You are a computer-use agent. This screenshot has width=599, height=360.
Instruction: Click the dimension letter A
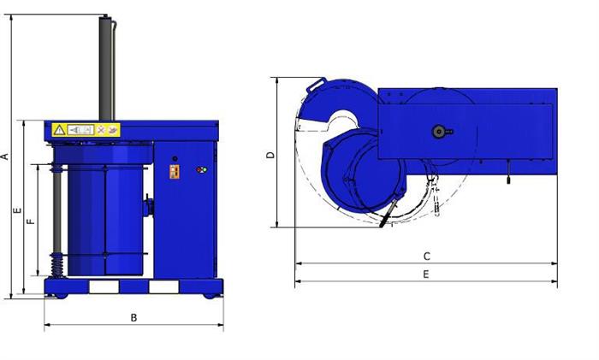(x=5, y=156)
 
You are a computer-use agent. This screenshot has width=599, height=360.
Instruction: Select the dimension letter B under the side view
(x=133, y=317)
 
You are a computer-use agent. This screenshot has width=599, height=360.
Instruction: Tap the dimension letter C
(x=427, y=257)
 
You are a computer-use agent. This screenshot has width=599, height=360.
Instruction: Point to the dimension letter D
(x=270, y=155)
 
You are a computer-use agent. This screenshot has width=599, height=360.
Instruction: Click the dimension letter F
(x=32, y=221)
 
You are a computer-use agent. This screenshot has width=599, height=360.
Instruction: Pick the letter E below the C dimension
(x=426, y=274)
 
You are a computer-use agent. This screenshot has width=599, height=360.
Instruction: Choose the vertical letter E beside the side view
(x=18, y=210)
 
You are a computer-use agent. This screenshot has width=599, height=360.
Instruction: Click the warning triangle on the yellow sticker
(x=59, y=130)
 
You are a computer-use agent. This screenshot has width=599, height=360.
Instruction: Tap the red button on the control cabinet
(x=199, y=170)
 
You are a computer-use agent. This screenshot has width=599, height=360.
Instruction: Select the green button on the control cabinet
(x=205, y=170)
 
